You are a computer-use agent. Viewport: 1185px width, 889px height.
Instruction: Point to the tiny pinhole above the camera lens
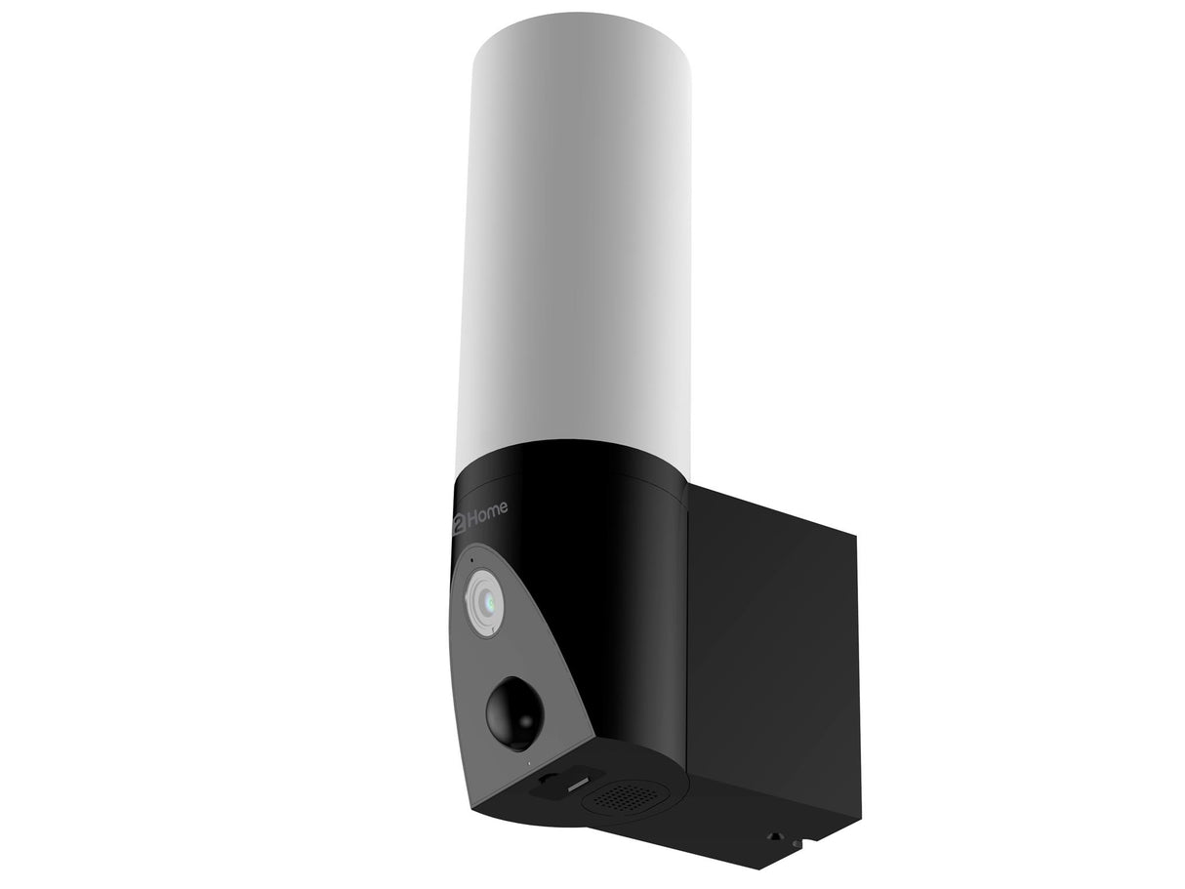471,560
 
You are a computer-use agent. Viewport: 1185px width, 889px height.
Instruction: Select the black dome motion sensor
514,711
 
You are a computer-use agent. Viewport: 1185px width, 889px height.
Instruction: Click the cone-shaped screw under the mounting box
775,836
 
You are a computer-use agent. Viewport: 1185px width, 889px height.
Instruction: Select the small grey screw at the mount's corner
797,843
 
